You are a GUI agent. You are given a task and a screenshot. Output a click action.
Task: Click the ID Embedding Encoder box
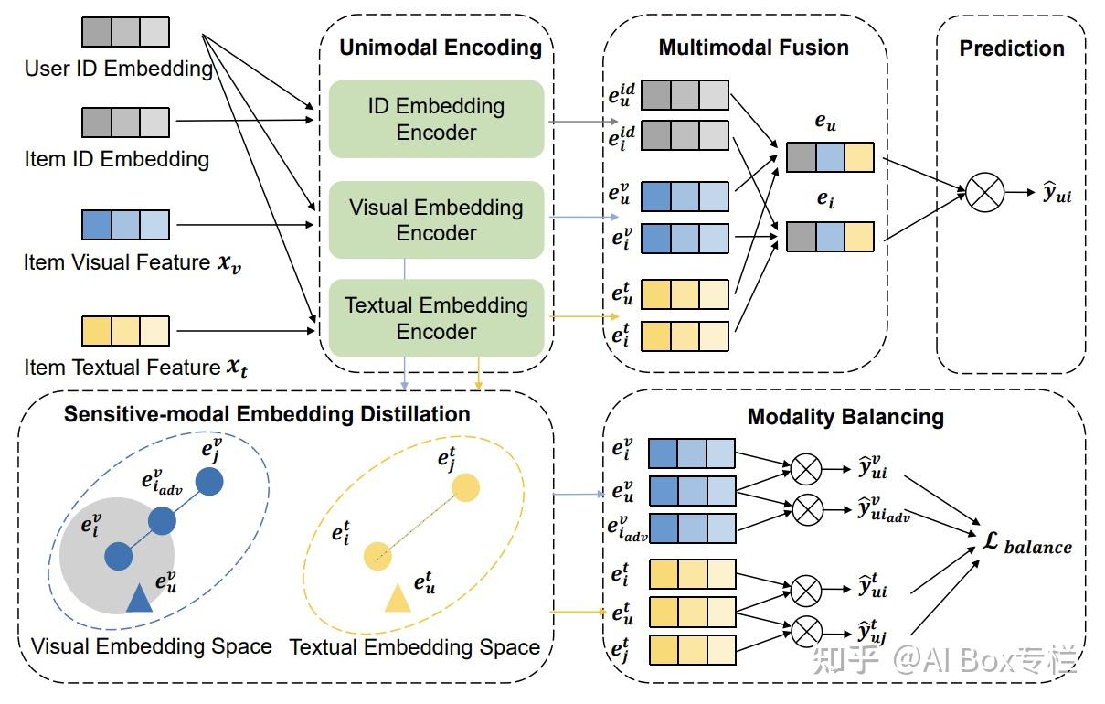coord(437,119)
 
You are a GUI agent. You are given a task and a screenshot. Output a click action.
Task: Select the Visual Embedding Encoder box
coord(437,219)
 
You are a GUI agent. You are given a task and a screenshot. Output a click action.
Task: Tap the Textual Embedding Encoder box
coord(437,317)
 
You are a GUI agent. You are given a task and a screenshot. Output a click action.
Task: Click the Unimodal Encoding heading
coord(441,48)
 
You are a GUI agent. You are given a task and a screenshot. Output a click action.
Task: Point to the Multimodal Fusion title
coord(754,48)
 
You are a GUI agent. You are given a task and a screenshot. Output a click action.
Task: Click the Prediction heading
coord(1012,48)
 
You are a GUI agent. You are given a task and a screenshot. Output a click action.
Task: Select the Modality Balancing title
coord(846,417)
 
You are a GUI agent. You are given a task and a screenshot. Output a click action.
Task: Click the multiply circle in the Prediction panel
coord(984,192)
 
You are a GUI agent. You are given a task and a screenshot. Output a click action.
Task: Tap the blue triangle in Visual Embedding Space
coord(139,599)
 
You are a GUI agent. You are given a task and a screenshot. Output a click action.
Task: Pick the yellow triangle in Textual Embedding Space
coord(398,599)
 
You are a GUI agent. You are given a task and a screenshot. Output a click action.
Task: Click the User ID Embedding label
coord(119,69)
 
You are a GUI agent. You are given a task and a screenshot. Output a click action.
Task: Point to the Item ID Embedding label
coord(117,159)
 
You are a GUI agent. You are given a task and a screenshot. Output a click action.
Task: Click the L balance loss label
coord(1027,543)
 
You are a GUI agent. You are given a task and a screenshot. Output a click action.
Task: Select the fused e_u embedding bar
coord(830,157)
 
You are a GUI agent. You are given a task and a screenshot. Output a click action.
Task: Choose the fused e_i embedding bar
coord(830,237)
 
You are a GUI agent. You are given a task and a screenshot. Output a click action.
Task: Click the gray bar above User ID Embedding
coord(126,32)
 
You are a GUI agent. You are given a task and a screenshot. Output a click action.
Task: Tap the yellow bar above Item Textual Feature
coord(126,331)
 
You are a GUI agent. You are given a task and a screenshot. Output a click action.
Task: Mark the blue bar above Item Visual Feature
coord(126,225)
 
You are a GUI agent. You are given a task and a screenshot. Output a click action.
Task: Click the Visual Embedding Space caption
coord(152,646)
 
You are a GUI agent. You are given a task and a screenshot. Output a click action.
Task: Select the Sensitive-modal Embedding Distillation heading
coord(267,414)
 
